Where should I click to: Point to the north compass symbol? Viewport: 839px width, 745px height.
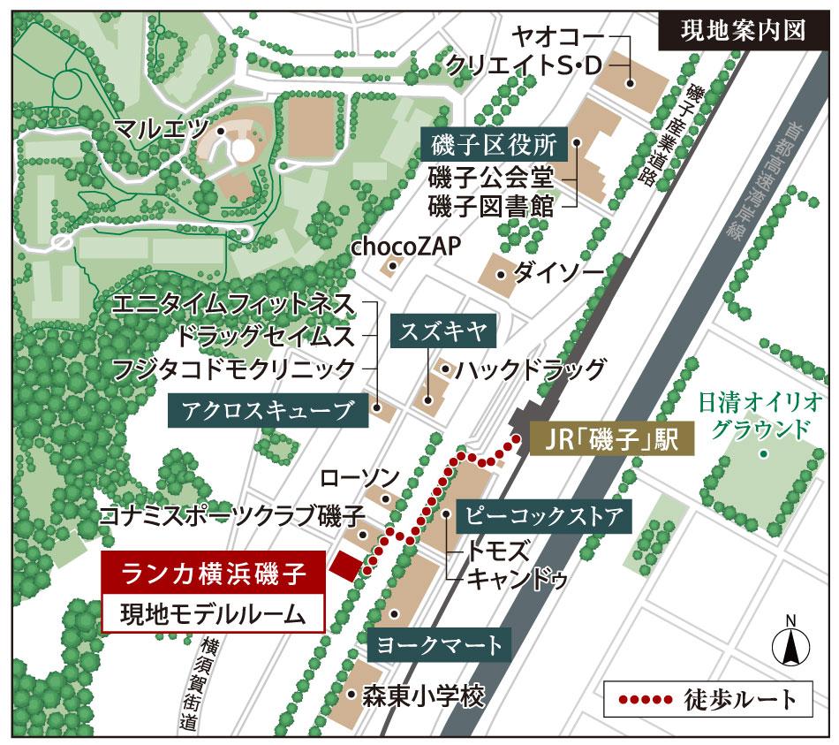tap(790, 645)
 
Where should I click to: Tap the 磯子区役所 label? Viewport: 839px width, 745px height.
tap(495, 143)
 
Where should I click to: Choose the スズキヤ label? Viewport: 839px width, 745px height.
tap(444, 332)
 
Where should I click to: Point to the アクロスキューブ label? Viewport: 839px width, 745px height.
tap(266, 409)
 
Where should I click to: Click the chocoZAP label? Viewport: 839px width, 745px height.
tap(406, 247)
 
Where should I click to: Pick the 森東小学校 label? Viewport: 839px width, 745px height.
tap(424, 696)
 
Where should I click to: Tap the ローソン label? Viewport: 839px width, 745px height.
tap(359, 478)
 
